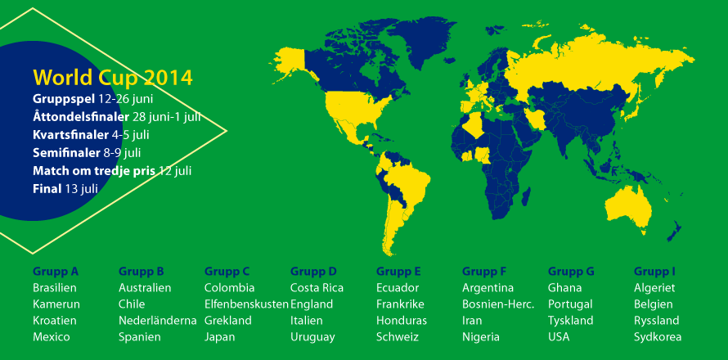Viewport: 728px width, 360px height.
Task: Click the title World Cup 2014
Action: coord(113,78)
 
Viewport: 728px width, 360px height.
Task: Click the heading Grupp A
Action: coord(56,272)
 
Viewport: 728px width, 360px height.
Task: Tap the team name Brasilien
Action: coord(55,288)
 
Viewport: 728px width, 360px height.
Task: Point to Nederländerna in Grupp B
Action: coord(158,321)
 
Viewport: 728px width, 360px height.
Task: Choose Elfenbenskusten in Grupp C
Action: coord(246,304)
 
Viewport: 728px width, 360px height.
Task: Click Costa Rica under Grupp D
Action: coord(317,288)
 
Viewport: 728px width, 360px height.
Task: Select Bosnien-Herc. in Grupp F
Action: coord(498,304)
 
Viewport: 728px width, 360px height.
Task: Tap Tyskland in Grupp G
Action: coord(571,321)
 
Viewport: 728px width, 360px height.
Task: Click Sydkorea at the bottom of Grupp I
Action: coord(658,337)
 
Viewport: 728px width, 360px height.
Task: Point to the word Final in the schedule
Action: coord(47,189)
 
